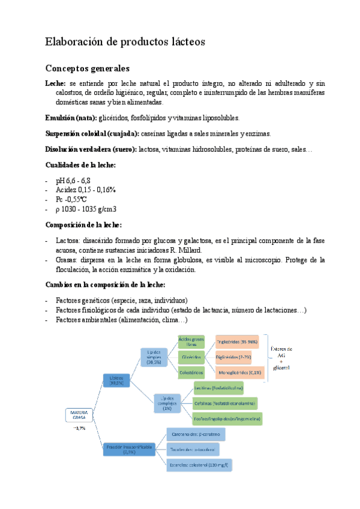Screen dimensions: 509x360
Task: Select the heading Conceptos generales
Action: point(87,68)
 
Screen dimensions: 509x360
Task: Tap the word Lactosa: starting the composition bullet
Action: point(68,240)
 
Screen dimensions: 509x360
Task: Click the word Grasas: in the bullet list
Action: point(67,260)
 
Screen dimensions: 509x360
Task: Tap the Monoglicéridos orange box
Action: point(238,372)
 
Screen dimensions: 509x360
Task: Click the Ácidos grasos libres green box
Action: point(191,341)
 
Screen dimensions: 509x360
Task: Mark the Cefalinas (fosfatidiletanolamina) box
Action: point(226,402)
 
